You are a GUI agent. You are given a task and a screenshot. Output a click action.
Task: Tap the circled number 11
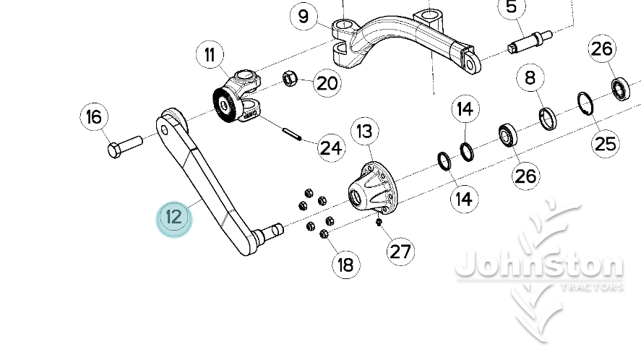[x=210, y=55]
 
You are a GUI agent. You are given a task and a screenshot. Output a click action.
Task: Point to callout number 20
[x=327, y=83]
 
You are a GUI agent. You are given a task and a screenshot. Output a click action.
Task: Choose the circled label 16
[x=94, y=116]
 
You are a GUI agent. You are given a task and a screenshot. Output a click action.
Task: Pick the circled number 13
[x=365, y=132]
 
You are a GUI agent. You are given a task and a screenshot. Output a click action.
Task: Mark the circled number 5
[x=512, y=9]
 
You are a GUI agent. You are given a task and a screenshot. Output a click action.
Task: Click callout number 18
[x=346, y=265]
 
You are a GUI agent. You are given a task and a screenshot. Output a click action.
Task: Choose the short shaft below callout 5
[x=530, y=40]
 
